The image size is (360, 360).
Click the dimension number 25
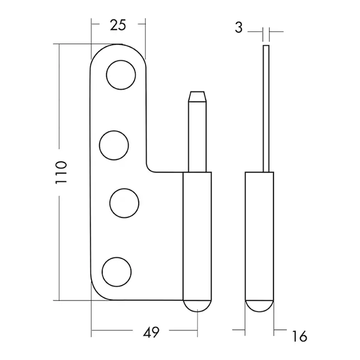click(x=118, y=25)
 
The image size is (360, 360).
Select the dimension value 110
click(x=61, y=173)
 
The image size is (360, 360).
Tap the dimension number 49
click(x=151, y=332)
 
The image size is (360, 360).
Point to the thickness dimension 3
click(x=239, y=27)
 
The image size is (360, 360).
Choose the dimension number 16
click(x=300, y=337)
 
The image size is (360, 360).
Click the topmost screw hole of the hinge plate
click(x=121, y=75)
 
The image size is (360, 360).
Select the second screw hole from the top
click(x=114, y=145)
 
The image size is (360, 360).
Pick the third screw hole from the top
click(x=124, y=203)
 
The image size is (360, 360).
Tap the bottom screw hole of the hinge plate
click(x=117, y=272)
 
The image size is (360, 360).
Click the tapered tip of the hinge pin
click(x=197, y=97)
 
